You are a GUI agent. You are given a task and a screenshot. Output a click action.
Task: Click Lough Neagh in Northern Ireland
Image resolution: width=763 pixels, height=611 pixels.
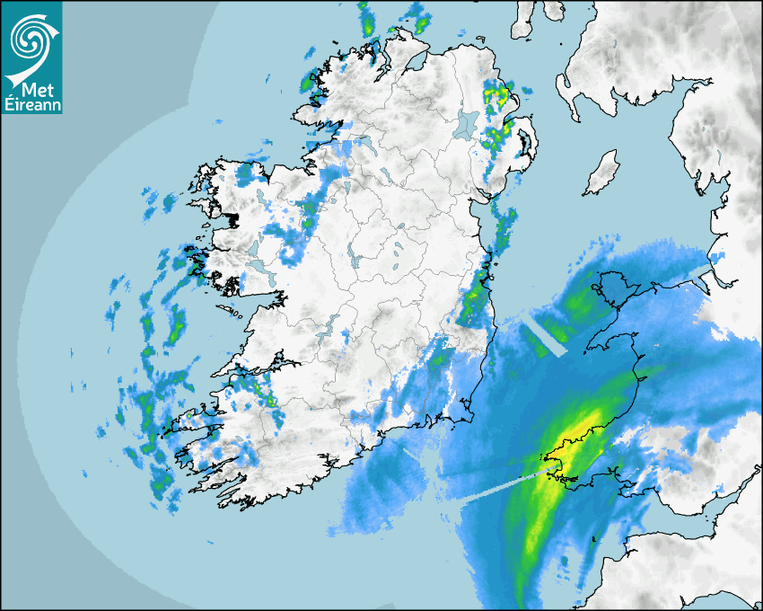pos(466,123)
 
